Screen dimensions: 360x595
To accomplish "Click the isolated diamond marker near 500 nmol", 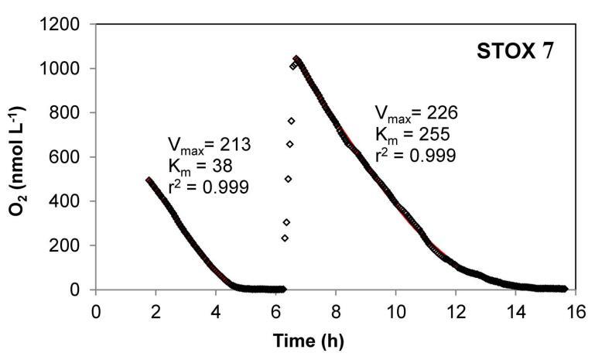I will pyautogui.click(x=289, y=179).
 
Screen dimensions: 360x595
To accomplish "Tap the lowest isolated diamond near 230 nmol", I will pyautogui.click(x=285, y=238).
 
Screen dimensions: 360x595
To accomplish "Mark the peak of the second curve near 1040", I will pyautogui.click(x=296, y=59).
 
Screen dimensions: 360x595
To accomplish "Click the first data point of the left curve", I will pyautogui.click(x=149, y=180).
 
